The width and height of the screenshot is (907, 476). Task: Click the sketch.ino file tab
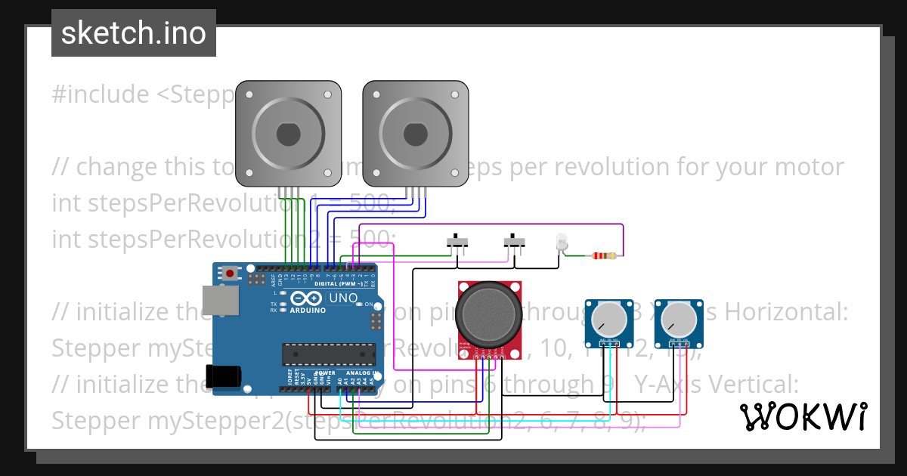pyautogui.click(x=133, y=33)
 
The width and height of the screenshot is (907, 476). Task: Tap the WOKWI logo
pyautogui.click(x=803, y=416)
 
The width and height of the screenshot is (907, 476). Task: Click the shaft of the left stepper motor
pyautogui.click(x=288, y=134)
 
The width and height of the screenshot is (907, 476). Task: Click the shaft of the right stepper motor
pyautogui.click(x=415, y=134)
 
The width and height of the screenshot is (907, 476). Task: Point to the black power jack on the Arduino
pyautogui.click(x=224, y=377)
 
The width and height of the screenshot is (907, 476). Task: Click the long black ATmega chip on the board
pyautogui.click(x=328, y=353)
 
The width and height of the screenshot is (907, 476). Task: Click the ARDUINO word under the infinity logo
pyautogui.click(x=307, y=311)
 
